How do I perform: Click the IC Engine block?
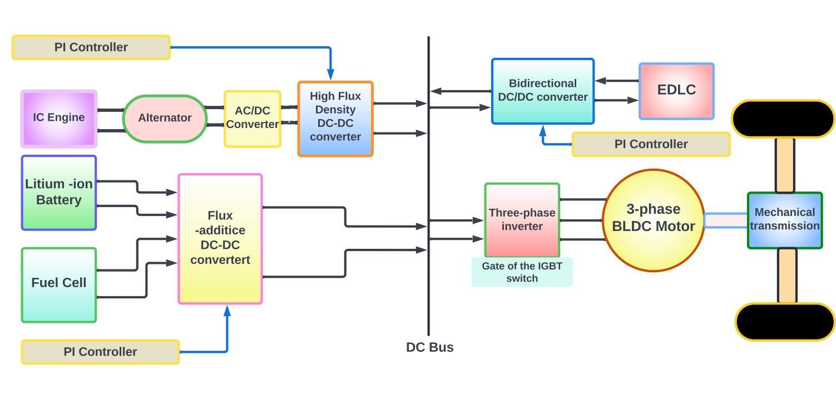(x=59, y=119)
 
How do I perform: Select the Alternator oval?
(x=165, y=119)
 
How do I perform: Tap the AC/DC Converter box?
(x=253, y=119)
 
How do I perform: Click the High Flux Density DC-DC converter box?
(x=335, y=119)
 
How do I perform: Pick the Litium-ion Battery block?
(x=59, y=193)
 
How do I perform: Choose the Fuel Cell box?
(x=59, y=285)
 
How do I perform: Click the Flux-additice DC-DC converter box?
(x=220, y=239)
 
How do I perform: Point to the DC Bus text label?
(x=429, y=347)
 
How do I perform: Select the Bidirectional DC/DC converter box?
(x=543, y=91)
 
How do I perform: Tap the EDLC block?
(x=676, y=91)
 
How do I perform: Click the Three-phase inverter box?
(x=522, y=220)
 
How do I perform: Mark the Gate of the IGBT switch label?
(x=522, y=272)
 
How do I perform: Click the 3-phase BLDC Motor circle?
(x=653, y=220)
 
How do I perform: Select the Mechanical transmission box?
(x=785, y=220)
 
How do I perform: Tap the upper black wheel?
(x=783, y=119)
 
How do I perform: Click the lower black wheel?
(x=785, y=322)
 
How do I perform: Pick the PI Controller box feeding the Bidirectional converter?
(x=651, y=144)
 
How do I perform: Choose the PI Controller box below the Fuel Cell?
(x=100, y=352)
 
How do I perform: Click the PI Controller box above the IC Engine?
(x=91, y=47)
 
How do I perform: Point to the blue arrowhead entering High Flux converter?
(x=330, y=74)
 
